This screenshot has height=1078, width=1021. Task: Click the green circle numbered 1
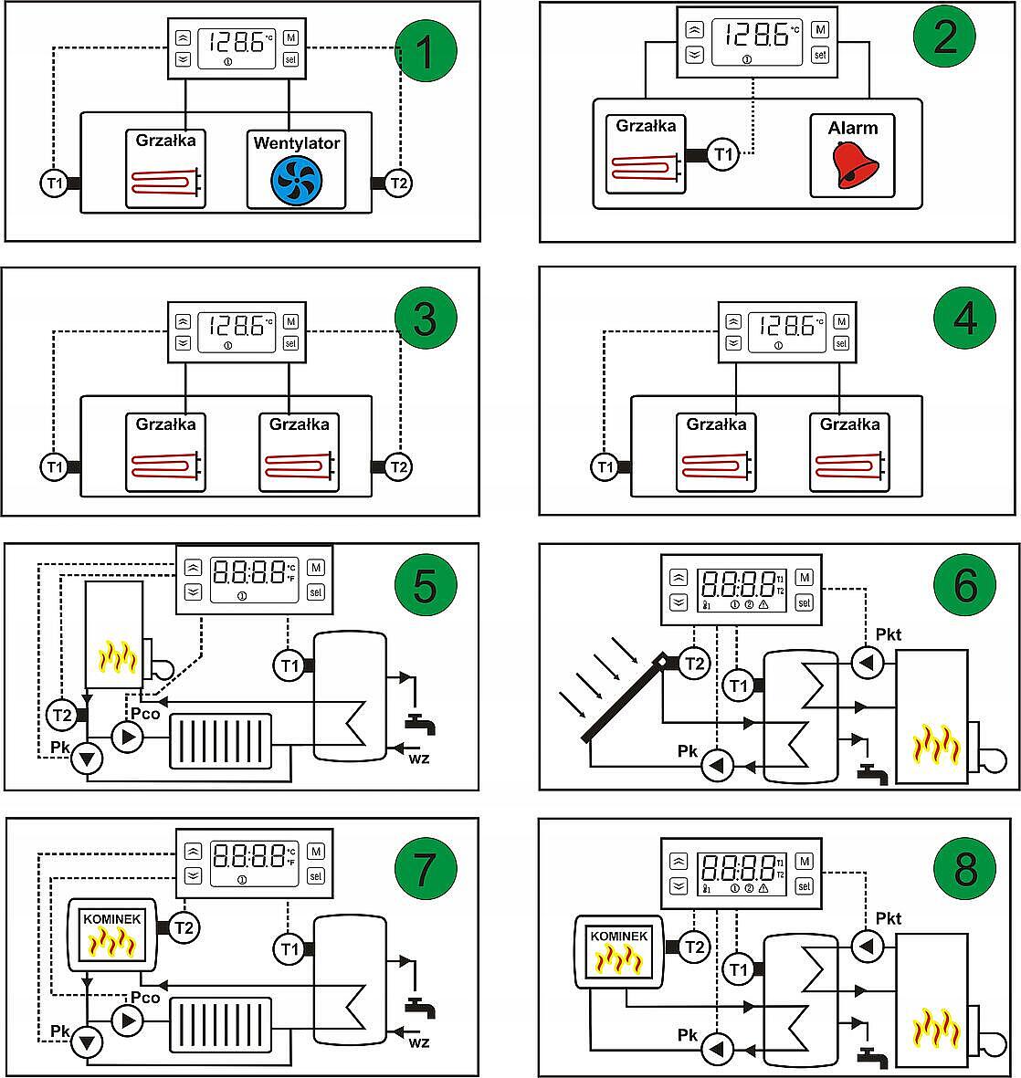[426, 52]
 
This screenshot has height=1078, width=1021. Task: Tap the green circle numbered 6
[965, 583]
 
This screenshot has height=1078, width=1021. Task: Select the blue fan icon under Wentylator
[297, 180]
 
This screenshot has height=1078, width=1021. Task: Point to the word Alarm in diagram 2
[853, 129]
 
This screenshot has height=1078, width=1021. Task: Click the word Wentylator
[297, 143]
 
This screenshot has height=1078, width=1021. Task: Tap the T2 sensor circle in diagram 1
[398, 183]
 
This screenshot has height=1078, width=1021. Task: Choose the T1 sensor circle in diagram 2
[724, 154]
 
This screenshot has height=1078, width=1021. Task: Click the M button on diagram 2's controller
[820, 30]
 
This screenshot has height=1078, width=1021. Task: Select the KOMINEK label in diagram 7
[112, 919]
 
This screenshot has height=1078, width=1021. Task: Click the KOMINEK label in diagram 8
[619, 937]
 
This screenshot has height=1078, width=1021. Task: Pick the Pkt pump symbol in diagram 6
[866, 663]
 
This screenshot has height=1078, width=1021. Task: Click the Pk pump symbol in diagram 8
[718, 1050]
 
